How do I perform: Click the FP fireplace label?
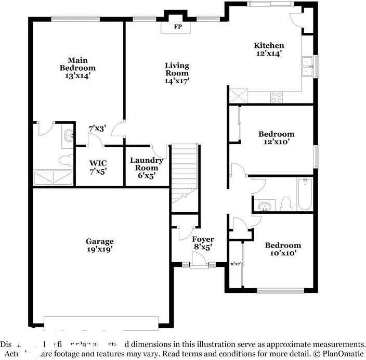point(178,26)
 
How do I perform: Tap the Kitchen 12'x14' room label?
point(269,49)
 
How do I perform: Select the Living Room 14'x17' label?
point(177,73)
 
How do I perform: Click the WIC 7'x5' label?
point(98,167)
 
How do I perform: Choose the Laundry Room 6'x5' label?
point(146,168)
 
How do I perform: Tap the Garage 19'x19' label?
point(100,245)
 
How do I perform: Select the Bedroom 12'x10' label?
point(276,137)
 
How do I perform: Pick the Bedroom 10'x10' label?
point(282,249)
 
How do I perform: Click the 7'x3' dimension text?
point(97,128)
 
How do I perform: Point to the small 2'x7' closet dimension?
point(236,264)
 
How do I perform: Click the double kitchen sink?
point(307,67)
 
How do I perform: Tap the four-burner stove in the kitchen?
point(277,97)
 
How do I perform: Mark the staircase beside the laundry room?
point(185,172)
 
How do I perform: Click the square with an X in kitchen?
point(238,95)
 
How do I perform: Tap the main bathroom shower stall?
point(53,178)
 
